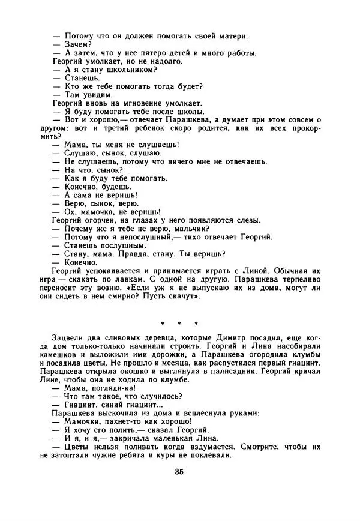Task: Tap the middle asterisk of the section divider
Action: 179,324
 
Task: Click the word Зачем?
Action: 77,44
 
